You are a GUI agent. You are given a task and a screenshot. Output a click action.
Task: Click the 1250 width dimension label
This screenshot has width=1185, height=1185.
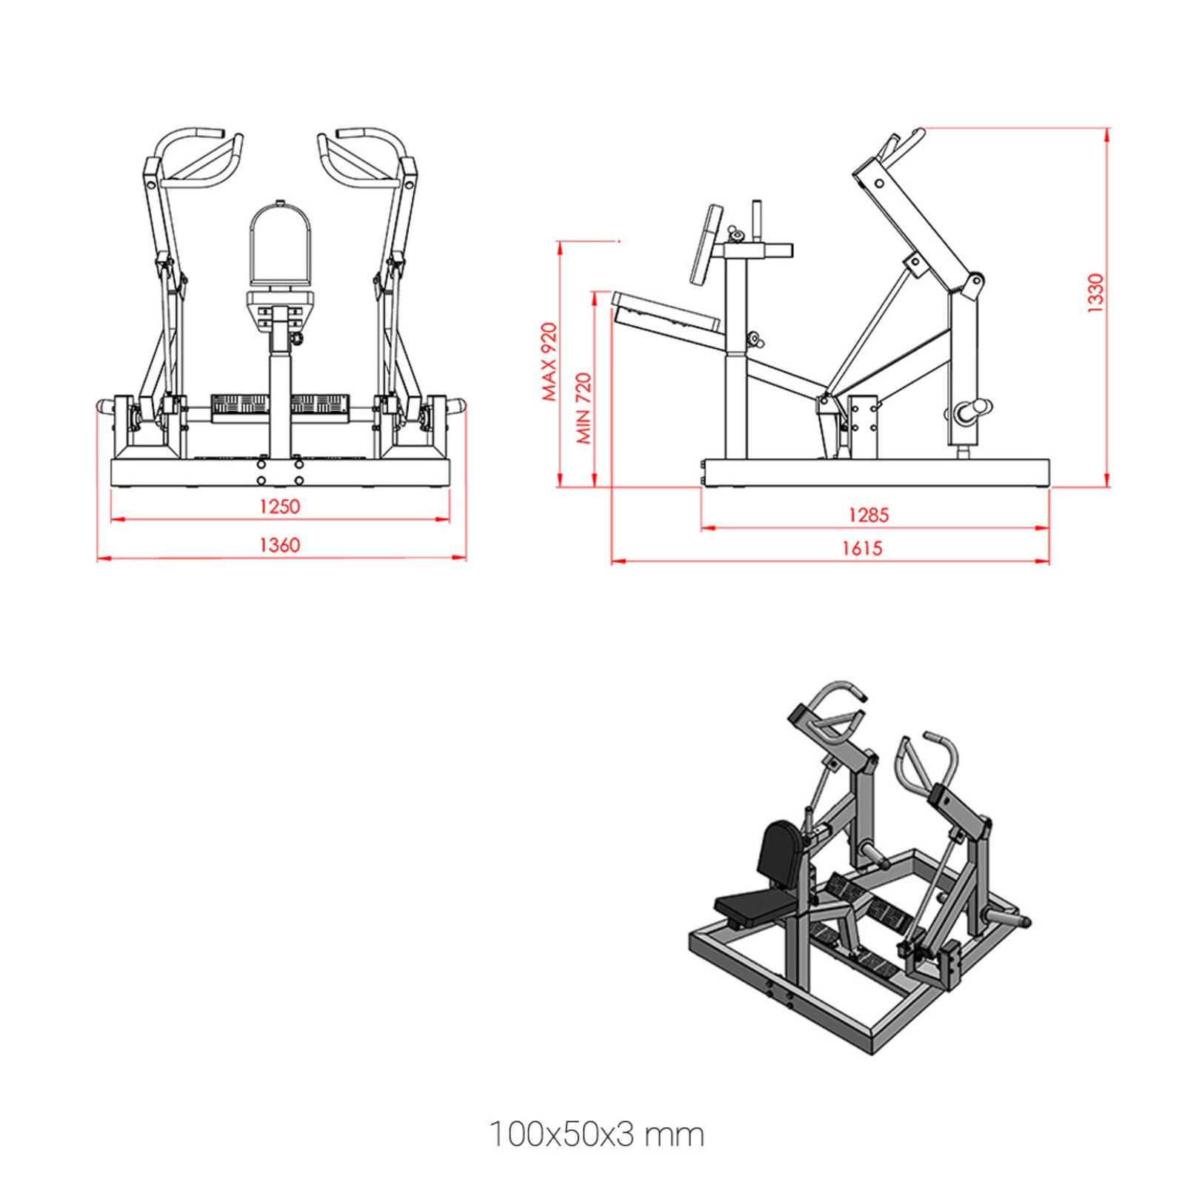click(279, 507)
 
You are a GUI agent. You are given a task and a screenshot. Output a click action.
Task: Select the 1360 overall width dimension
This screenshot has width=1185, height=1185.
click(279, 545)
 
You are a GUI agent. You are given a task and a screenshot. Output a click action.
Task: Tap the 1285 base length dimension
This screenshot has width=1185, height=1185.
click(868, 515)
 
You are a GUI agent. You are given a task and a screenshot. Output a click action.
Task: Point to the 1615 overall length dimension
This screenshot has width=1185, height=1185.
click(862, 548)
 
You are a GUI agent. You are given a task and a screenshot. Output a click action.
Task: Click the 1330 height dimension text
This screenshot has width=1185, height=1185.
click(1095, 293)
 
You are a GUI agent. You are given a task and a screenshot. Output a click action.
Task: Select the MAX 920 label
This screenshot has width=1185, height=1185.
click(549, 361)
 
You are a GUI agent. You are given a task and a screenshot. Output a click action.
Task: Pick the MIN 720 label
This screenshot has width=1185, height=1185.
click(584, 408)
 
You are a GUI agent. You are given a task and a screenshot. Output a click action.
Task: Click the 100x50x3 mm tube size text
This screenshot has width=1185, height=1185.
click(596, 1135)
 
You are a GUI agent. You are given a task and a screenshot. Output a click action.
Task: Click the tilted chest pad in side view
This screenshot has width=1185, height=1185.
click(706, 245)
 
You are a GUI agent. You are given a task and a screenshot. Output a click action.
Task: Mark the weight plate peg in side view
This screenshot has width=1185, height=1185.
click(972, 410)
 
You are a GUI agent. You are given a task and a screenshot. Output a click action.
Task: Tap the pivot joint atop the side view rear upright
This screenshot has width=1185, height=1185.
click(975, 281)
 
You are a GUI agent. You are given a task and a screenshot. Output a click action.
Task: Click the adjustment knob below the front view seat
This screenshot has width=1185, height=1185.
click(299, 338)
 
